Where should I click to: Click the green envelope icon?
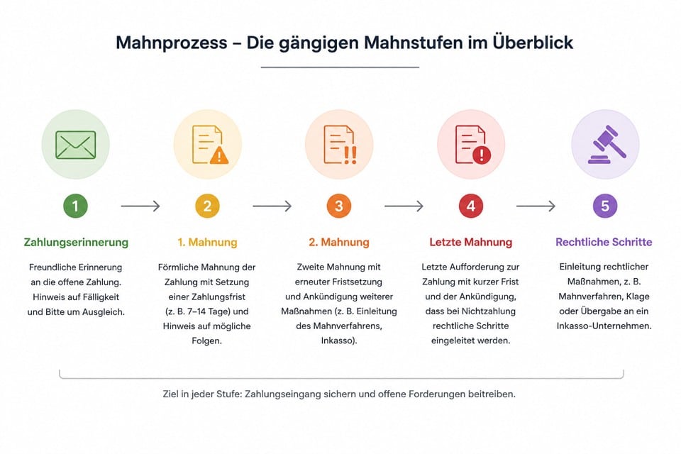pos(76,145)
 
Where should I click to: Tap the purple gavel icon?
pos(607,145)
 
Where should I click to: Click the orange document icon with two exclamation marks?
pos(340,145)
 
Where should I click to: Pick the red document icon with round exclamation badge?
pos(472,145)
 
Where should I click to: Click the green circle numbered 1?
pos(76,206)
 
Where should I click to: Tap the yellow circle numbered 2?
pos(207,206)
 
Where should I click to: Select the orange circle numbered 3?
pos(339,206)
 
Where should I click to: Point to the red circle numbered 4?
pos(471,206)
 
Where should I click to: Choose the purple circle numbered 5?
pos(605,206)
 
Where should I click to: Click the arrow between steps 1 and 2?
pos(140,206)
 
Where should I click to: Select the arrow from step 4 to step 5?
pos(536,206)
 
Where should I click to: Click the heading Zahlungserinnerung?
pos(76,243)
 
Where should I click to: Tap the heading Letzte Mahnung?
pos(471,242)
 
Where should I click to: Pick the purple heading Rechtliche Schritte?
pos(604,242)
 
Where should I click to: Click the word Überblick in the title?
pos(533,43)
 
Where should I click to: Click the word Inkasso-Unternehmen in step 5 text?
pos(604,326)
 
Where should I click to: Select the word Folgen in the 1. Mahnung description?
pos(206,341)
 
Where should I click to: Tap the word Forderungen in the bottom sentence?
pos(436,394)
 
